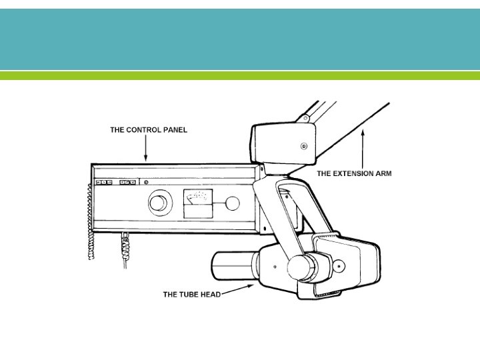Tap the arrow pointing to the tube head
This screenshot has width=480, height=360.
tap(240, 289)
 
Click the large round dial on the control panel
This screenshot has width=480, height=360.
tap(159, 202)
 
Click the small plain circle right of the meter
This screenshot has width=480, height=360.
tap(233, 203)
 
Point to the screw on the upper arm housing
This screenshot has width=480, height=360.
tap(304, 145)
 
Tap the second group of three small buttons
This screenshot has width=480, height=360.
tap(128, 181)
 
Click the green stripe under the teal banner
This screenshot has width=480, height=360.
tap(240, 76)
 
